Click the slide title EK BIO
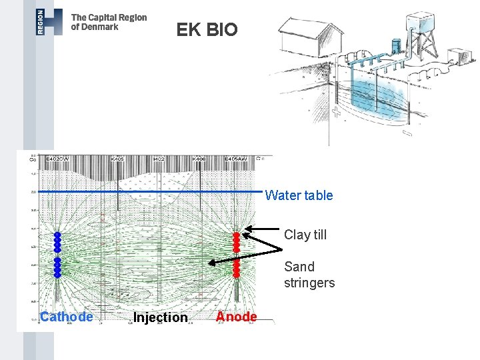[207, 30]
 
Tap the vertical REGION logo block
[41, 22]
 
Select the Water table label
[299, 195]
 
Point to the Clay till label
[305, 235]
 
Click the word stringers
[309, 283]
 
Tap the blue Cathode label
[66, 317]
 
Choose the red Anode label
[237, 317]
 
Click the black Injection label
[160, 317]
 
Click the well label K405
[117, 159]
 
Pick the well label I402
[159, 159]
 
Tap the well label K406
[199, 159]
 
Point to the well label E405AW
[235, 159]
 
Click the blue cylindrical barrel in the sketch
[396, 45]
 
